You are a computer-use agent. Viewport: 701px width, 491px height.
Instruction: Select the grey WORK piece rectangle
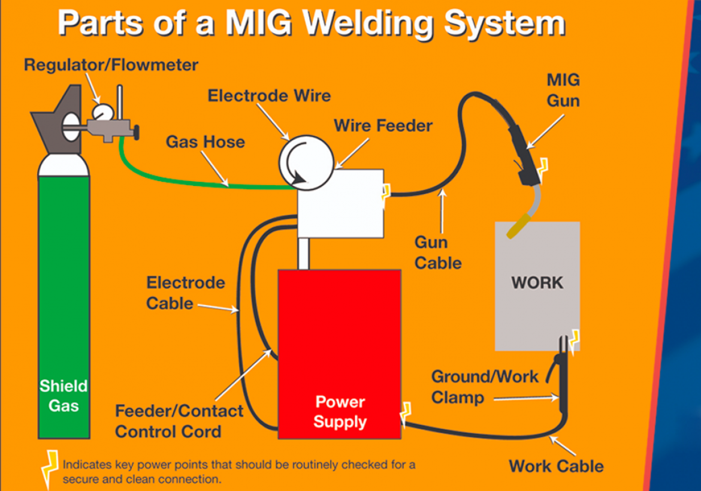pos(537,286)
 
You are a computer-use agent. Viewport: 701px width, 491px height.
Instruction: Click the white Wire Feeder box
pos(341,203)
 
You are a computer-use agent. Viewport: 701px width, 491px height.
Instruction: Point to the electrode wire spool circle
pos(306,163)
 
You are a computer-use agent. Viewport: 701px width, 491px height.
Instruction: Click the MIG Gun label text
pos(563,91)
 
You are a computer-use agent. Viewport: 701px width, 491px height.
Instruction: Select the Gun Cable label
pos(438,252)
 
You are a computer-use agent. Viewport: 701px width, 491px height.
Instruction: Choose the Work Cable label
pos(556,466)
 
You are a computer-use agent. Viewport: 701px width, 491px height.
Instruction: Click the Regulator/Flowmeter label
pos(111,65)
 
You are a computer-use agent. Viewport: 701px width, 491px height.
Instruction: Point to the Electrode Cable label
pos(186,293)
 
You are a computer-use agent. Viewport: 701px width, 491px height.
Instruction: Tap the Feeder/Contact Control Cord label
pos(179,421)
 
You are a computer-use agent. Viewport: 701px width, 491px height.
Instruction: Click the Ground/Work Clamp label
pos(485,387)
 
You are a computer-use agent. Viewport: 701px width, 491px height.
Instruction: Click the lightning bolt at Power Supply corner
pos(406,414)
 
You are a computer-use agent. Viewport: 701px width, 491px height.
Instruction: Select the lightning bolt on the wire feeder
pos(386,193)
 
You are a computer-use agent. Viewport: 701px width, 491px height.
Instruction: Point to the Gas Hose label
pos(205,141)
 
